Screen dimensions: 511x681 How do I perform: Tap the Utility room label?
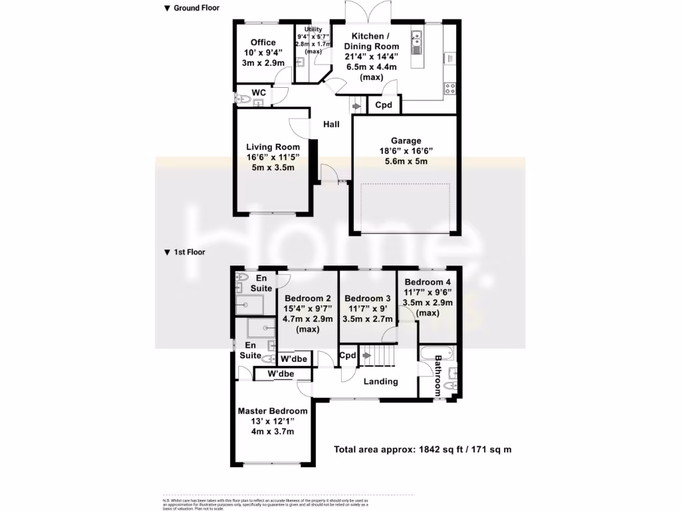(313, 41)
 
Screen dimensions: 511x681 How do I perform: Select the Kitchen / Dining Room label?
(371, 57)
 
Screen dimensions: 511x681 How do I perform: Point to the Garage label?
(406, 151)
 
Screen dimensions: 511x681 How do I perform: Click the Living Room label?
(273, 158)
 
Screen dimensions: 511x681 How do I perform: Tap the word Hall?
(331, 124)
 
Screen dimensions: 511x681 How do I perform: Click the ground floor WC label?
(259, 92)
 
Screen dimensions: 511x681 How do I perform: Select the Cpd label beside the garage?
(384, 105)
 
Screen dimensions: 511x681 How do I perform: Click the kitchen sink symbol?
(417, 42)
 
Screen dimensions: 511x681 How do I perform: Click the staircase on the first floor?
(377, 356)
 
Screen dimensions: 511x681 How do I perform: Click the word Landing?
(380, 381)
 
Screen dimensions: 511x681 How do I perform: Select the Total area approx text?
(422, 450)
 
